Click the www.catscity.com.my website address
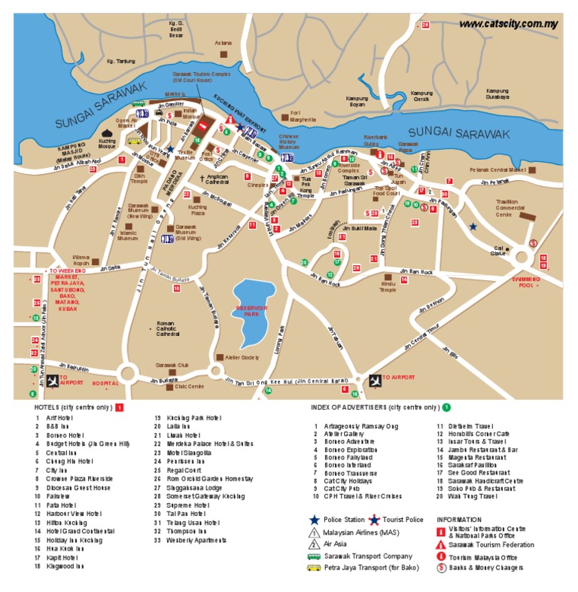click(x=508, y=23)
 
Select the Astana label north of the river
click(x=224, y=43)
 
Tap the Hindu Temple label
click(x=388, y=287)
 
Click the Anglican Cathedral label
click(x=217, y=179)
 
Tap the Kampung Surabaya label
click(x=497, y=94)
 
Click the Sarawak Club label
click(x=171, y=365)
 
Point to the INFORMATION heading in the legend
click(x=458, y=519)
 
